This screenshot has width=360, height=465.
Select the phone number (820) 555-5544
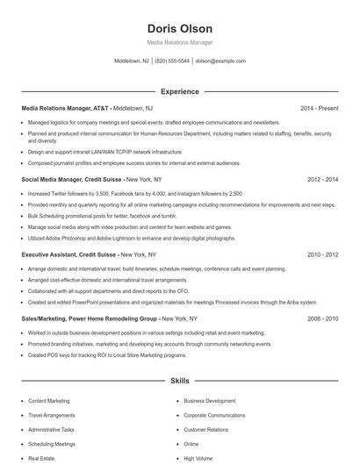pyautogui.click(x=173, y=61)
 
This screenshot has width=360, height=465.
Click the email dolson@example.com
pyautogui.click(x=220, y=61)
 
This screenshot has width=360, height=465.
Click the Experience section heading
pyautogui.click(x=180, y=90)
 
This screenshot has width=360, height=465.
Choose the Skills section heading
pyautogui.click(x=180, y=382)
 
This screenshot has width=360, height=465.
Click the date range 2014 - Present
pyautogui.click(x=319, y=109)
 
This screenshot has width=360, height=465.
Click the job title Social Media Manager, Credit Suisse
pyautogui.click(x=74, y=179)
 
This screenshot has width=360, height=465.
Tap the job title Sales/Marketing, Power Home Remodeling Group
pyautogui.click(x=90, y=319)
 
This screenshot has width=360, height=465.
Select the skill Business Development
pyautogui.click(x=209, y=401)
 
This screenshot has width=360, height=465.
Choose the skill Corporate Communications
pyautogui.click(x=214, y=415)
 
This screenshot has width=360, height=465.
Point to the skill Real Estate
pyautogui.click(x=41, y=458)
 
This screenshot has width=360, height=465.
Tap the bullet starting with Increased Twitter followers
pyautogui.click(x=135, y=193)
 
